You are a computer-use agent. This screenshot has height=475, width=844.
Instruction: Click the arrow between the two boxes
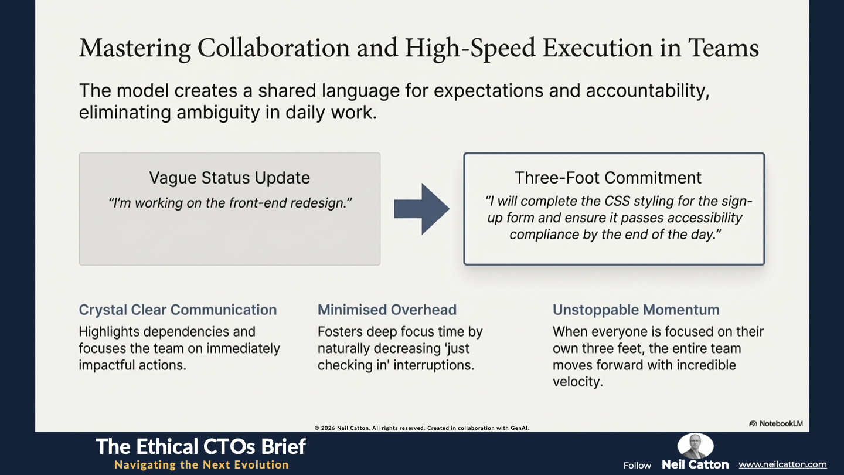(x=421, y=209)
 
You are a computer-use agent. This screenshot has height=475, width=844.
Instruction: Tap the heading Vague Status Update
(x=230, y=178)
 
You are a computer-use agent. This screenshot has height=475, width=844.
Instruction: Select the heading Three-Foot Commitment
(x=608, y=178)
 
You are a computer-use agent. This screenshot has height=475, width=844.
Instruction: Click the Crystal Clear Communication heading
(x=178, y=310)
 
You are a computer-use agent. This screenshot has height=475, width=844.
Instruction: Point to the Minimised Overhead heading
(x=387, y=310)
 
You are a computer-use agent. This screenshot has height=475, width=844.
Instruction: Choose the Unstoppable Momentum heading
(x=636, y=310)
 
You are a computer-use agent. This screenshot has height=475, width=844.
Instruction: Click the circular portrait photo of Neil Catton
(x=695, y=446)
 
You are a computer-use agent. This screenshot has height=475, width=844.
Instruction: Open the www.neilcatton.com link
(x=782, y=464)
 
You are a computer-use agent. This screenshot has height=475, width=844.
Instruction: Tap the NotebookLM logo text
(x=776, y=423)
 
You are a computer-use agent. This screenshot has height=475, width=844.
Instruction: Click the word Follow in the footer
(x=637, y=466)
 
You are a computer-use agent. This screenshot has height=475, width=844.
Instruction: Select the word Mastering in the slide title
(x=135, y=48)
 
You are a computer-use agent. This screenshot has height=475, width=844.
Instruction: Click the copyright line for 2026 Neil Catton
(x=421, y=428)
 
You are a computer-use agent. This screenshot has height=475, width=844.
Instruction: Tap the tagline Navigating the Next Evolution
(x=202, y=465)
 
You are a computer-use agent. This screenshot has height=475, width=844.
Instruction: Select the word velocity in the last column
(x=578, y=382)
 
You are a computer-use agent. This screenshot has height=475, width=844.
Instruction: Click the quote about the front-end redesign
(x=230, y=203)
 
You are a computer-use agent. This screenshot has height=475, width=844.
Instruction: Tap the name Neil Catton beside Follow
(x=695, y=464)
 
